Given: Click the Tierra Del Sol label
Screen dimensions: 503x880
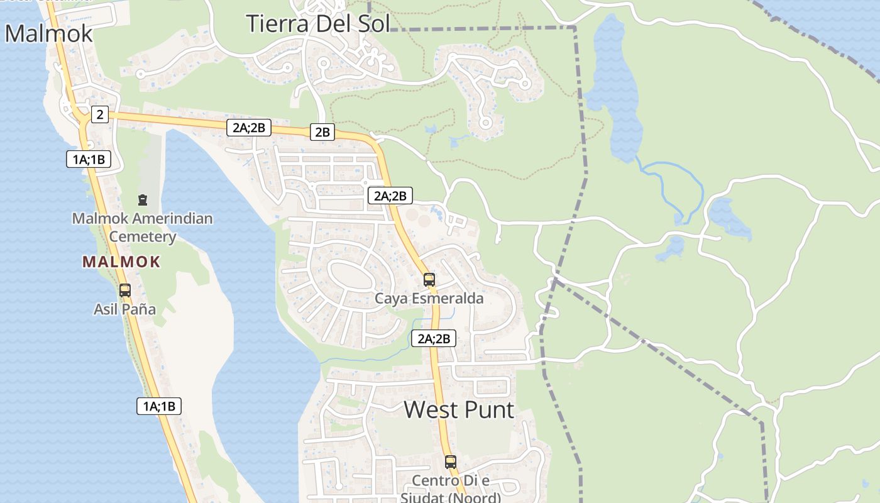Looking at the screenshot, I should tap(318, 23).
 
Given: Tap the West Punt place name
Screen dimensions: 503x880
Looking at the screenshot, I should tap(459, 409).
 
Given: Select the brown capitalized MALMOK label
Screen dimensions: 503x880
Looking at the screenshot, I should tap(121, 262).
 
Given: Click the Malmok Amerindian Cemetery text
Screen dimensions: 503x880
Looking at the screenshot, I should tap(142, 228).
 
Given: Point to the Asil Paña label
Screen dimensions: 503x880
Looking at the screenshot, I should tap(124, 309).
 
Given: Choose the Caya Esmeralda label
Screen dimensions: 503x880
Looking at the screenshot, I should tap(429, 298).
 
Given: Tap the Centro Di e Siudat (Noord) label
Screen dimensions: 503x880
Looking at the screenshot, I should tap(450, 489).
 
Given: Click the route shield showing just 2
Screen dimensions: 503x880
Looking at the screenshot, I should tap(99, 114).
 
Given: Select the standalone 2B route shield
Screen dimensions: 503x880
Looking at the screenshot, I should tap(322, 132).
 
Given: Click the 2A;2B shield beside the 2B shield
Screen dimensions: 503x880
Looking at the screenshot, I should tap(249, 128).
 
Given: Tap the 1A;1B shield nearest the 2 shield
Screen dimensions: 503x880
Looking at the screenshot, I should tap(89, 159).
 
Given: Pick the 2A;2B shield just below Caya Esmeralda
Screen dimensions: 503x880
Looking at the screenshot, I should tap(433, 338).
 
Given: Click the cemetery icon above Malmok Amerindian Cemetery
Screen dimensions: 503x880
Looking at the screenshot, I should tap(143, 200).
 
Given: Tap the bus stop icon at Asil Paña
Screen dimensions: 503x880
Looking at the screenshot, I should tap(125, 290).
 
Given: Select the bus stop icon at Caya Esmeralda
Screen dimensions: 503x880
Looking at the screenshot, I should tap(429, 280).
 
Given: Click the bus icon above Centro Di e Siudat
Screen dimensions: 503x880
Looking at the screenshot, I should tap(451, 462).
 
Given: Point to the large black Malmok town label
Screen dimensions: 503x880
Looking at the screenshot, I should tap(49, 33).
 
